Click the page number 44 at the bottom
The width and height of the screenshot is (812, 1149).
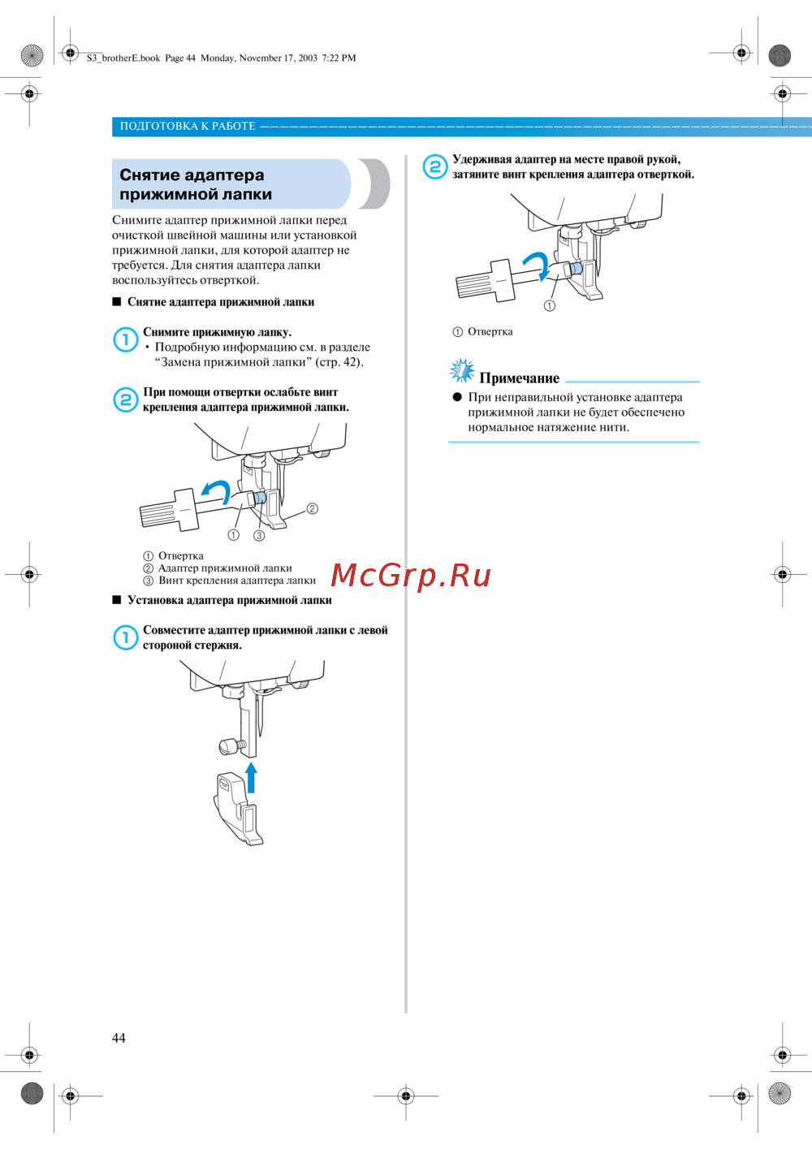(x=119, y=1038)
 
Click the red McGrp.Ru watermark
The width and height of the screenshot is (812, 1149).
(x=411, y=576)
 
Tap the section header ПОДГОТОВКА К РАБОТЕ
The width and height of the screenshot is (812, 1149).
(x=188, y=126)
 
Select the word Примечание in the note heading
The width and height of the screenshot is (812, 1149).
(x=519, y=378)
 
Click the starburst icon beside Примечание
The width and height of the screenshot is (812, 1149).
(x=462, y=370)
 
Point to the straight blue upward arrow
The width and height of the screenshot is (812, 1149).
(x=251, y=778)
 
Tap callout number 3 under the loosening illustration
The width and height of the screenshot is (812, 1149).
(x=259, y=535)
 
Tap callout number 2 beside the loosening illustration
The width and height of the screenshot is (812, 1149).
(x=313, y=508)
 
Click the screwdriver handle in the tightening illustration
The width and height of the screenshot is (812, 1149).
(x=485, y=281)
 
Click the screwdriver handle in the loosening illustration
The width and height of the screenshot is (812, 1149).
(x=169, y=510)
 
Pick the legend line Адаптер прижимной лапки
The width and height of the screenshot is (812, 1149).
(x=225, y=568)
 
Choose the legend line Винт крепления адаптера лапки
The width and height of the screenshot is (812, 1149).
(x=237, y=580)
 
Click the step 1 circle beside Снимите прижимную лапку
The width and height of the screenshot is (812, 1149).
(x=125, y=339)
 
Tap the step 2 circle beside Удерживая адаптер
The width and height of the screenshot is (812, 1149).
(x=435, y=166)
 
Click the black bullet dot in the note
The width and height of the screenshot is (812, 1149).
(x=457, y=397)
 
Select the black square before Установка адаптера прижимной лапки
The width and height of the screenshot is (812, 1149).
(x=116, y=599)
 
